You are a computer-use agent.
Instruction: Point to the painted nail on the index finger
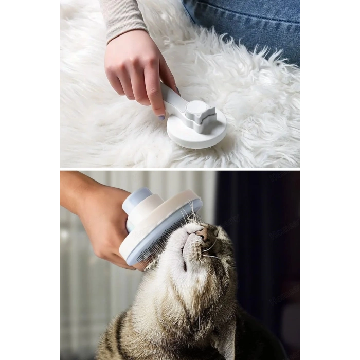tap(161, 117)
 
